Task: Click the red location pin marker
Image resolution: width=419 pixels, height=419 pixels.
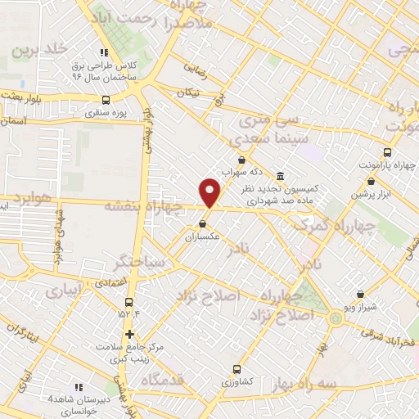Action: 210,191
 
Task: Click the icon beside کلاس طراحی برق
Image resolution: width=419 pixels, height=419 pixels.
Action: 103,51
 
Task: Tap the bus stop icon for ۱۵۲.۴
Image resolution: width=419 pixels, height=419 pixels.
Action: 128,300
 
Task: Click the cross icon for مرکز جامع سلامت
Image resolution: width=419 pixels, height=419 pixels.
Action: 129,334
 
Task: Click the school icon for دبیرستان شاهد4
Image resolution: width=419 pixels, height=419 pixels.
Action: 79,386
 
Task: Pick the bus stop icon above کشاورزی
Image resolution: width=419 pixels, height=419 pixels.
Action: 237,368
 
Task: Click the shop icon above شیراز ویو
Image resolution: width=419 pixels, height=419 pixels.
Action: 360,294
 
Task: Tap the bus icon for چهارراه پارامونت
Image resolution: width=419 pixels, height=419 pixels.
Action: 387,151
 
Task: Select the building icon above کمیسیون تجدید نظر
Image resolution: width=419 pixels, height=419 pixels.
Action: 281,176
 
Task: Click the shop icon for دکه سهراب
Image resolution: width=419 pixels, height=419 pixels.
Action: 241,160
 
